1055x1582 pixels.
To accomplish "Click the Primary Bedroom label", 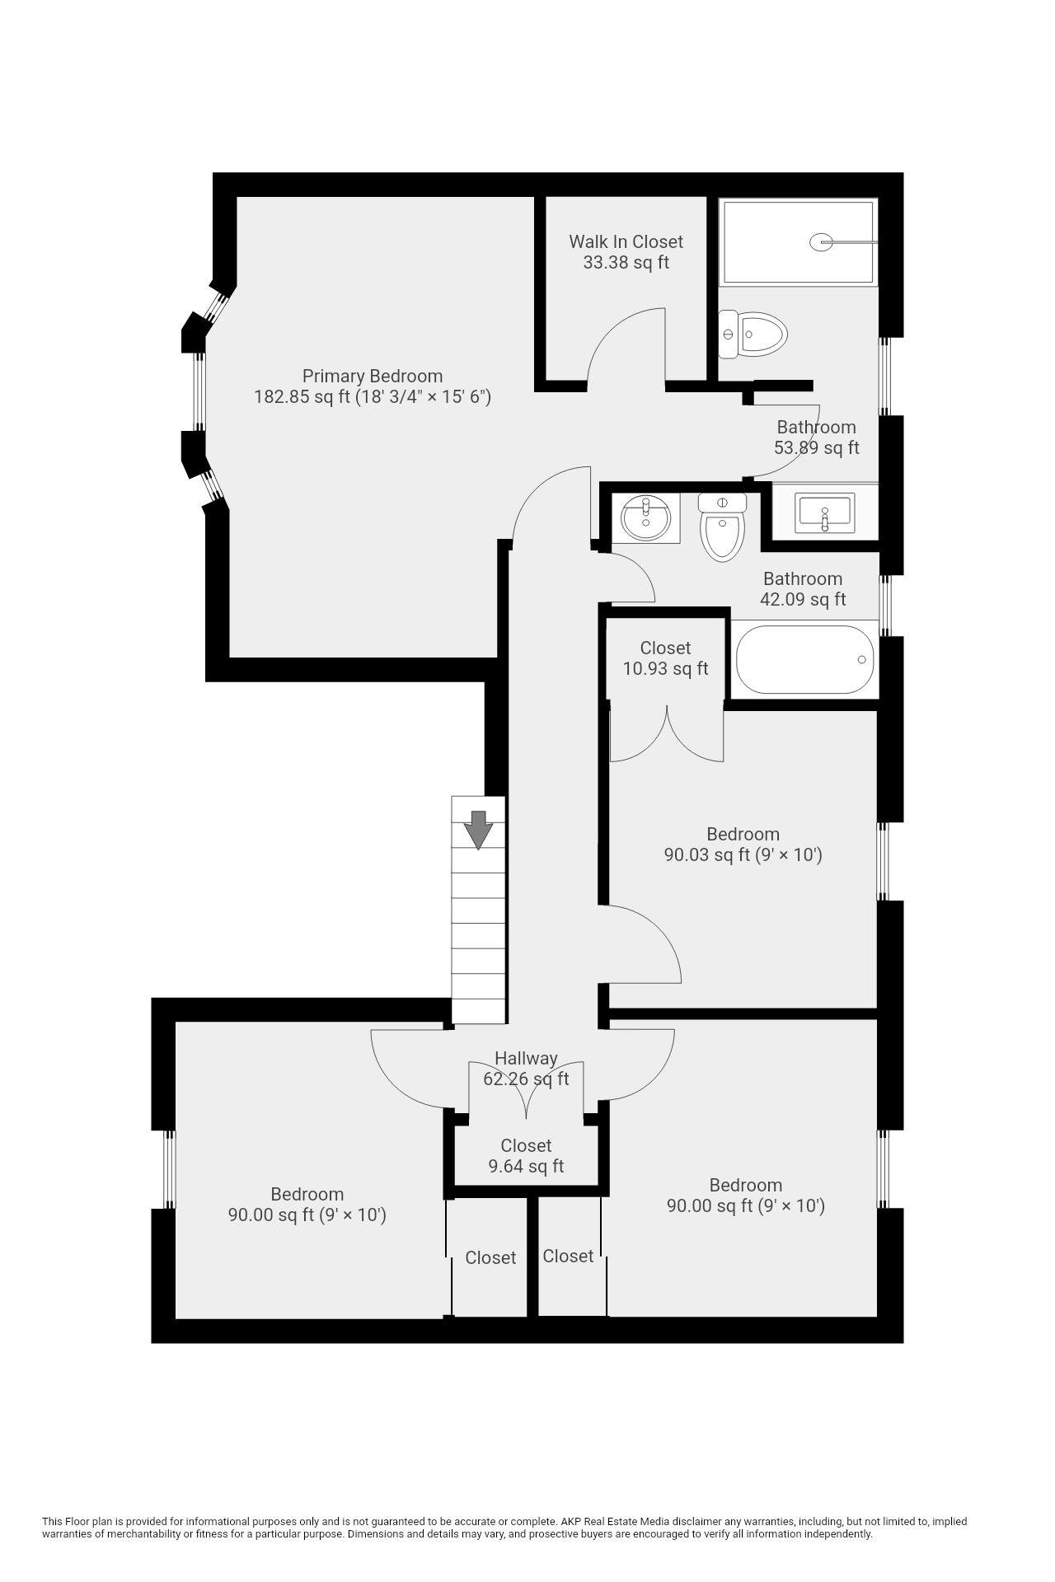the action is point(372,377).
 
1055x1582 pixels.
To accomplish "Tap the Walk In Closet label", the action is point(626,241).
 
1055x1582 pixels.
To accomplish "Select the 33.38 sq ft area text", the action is point(626,263).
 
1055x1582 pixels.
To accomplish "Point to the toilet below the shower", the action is point(753,335).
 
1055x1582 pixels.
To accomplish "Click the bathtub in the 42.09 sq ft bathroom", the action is point(804,660).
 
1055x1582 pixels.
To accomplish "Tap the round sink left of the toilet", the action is point(645,518).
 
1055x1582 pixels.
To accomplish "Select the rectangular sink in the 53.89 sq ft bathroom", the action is point(824,513).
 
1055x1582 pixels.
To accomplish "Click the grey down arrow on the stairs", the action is point(478,830).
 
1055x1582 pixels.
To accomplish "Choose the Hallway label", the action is point(526,1058).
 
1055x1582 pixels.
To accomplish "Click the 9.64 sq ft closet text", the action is point(526,1167).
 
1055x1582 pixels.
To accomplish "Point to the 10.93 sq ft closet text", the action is point(665,669).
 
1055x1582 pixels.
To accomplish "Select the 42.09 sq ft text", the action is point(803,600).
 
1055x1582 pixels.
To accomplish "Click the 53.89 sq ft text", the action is point(816,448).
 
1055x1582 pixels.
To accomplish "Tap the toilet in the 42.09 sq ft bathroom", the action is point(723,527).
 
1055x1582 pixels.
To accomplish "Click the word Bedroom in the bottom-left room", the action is point(307,1194).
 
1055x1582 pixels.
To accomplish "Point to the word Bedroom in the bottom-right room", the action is point(746,1186).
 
